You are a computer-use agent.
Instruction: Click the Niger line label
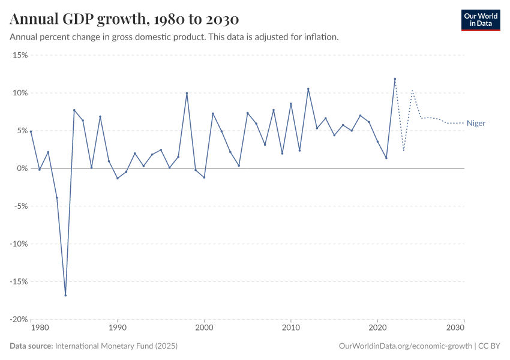[476, 124]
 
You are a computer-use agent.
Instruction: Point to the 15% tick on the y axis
[20, 55]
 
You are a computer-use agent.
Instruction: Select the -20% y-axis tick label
[19, 320]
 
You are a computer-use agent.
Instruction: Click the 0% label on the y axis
[23, 169]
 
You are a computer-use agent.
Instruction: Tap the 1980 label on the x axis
[40, 328]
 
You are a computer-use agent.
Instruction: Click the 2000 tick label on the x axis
[204, 328]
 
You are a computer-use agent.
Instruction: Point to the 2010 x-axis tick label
[291, 328]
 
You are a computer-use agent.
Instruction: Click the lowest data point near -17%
[65, 295]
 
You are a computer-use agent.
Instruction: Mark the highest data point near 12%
[395, 79]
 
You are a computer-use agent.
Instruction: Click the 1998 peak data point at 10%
[187, 93]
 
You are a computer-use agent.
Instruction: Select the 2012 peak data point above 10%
[308, 89]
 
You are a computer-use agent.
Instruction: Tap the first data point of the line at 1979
[31, 131]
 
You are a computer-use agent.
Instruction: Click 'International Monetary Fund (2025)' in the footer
[116, 346]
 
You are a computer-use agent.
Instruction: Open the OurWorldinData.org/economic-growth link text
[406, 346]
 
